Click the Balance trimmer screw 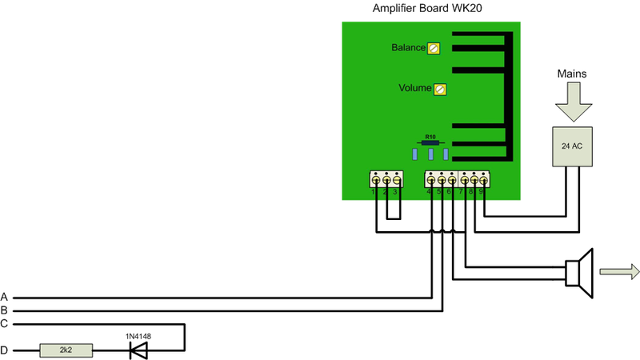click(x=434, y=48)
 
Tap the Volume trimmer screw click(x=439, y=89)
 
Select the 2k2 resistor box click(x=66, y=350)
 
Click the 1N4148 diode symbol click(x=140, y=350)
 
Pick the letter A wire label click(x=5, y=297)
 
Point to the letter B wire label click(x=5, y=310)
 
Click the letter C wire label click(x=5, y=324)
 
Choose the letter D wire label click(x=5, y=350)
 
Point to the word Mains click(x=573, y=74)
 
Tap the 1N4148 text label click(x=138, y=335)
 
